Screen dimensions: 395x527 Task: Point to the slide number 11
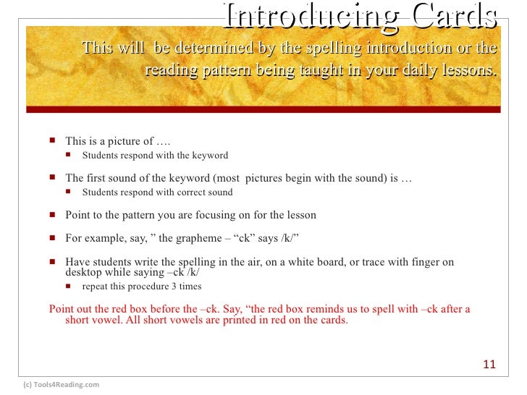tap(489, 365)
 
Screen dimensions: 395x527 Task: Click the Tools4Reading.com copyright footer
tap(62, 385)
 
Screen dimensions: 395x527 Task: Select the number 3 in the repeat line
tap(172, 286)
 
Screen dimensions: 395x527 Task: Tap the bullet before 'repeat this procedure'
tap(69, 286)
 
